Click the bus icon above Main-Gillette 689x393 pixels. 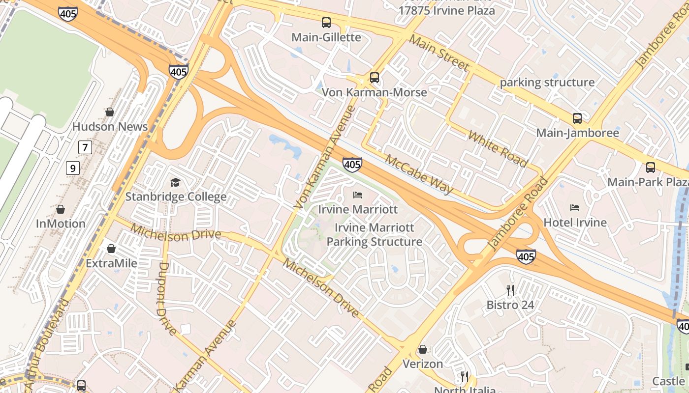326,22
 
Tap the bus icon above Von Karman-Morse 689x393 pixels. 375,77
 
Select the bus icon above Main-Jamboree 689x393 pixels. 577,118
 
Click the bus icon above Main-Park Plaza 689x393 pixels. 651,167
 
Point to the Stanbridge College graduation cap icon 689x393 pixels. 175,183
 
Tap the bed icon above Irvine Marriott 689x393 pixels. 358,195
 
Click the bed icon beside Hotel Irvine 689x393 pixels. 575,208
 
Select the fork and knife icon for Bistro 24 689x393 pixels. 510,290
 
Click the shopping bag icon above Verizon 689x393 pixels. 422,349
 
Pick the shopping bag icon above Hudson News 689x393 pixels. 110,112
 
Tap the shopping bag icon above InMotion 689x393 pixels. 61,209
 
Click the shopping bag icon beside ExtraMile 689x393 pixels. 111,249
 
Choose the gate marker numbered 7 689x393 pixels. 86,147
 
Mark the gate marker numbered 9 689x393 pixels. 73,168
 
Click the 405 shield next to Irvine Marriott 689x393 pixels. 352,165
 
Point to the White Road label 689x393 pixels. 498,149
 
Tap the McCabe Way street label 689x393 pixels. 419,174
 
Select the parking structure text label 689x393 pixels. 547,83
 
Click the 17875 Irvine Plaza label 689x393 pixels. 446,10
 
